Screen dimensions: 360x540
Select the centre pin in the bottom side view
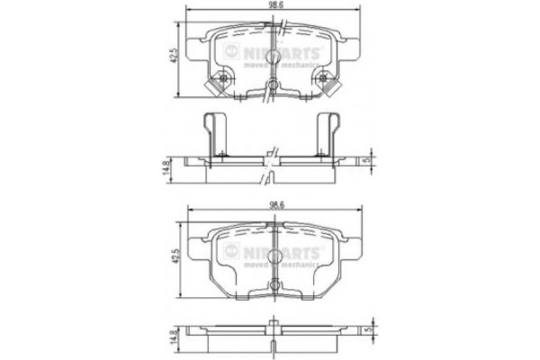(271, 323)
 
